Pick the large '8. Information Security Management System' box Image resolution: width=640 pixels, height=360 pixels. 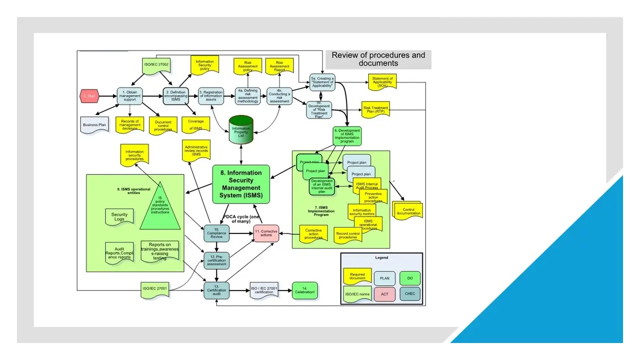[241, 184]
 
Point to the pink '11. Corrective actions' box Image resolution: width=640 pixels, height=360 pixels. [265, 233]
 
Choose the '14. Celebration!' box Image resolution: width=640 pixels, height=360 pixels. [305, 290]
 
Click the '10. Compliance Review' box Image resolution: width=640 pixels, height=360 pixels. [216, 233]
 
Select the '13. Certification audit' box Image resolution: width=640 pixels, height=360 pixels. [216, 290]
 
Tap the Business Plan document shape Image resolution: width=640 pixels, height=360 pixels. [94, 125]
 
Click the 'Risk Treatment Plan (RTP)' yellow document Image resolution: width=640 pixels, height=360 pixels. [375, 108]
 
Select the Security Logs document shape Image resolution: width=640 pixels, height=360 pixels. [119, 217]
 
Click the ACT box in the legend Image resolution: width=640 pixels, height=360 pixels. [384, 294]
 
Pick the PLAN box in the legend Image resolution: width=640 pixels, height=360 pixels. [384, 278]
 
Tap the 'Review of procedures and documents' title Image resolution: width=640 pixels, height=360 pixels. [378, 59]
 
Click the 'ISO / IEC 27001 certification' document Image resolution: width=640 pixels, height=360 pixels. [264, 290]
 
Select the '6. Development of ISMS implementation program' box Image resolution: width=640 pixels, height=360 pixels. [347, 135]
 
